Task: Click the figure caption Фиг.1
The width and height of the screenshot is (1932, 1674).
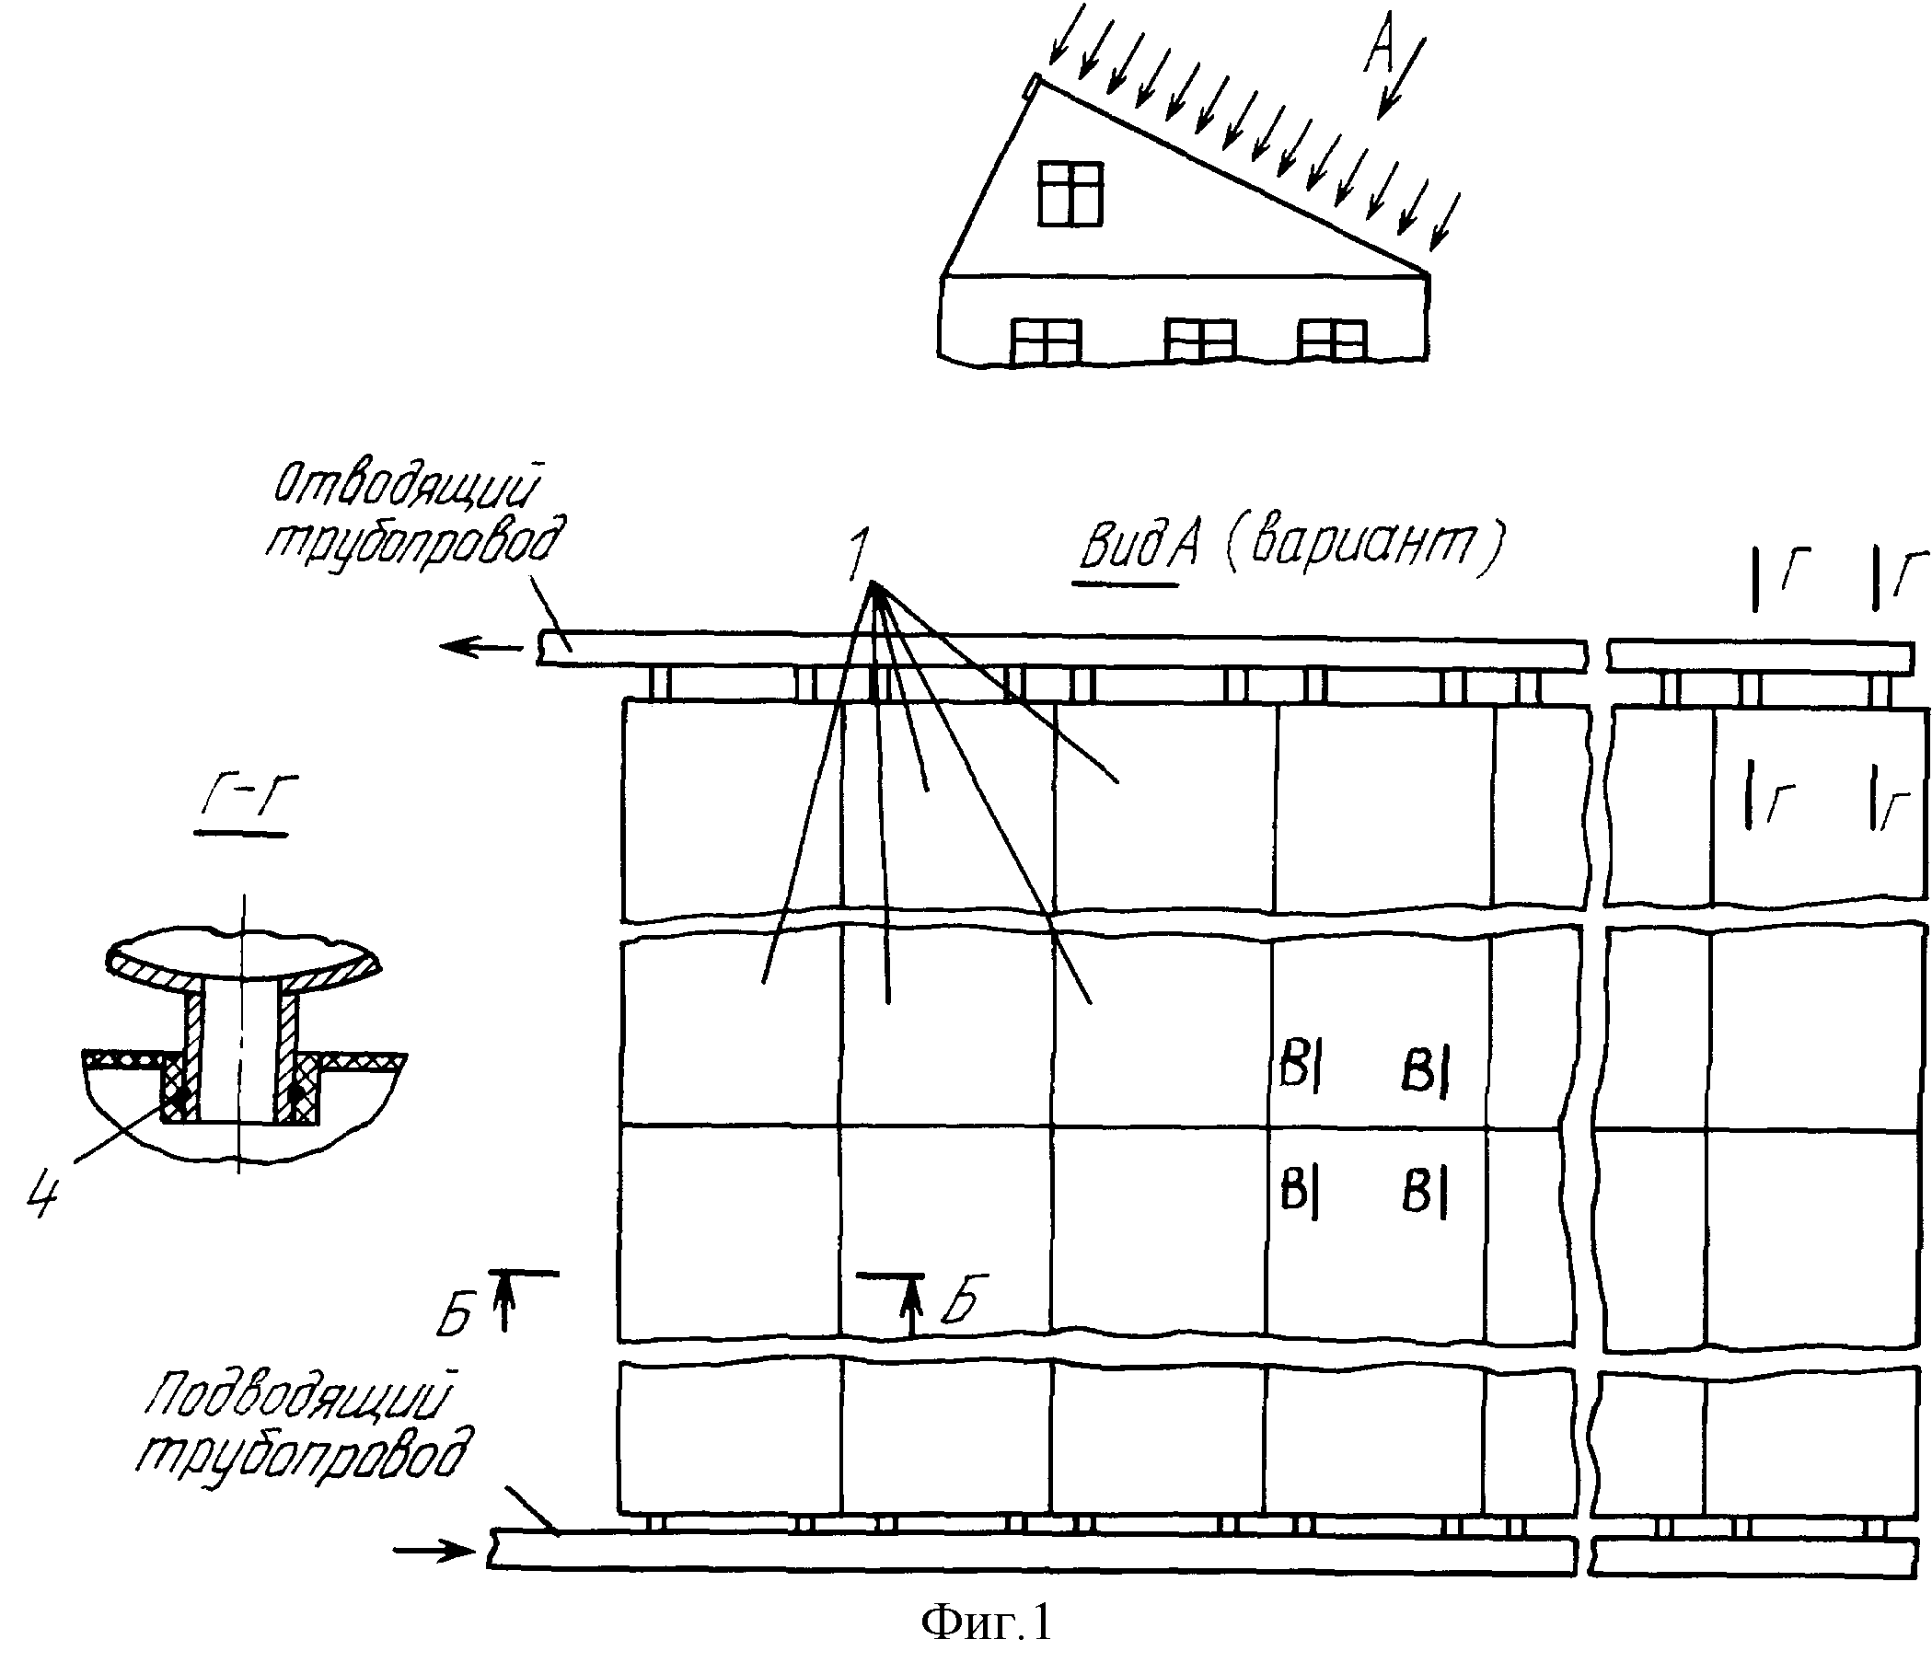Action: click(x=986, y=1622)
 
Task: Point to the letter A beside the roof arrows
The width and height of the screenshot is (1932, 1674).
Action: click(x=1380, y=45)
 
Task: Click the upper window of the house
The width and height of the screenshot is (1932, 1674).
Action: click(x=1070, y=192)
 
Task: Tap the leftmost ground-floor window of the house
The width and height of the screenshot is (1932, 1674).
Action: click(x=1047, y=342)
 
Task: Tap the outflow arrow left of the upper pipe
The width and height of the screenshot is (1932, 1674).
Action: click(x=482, y=645)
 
